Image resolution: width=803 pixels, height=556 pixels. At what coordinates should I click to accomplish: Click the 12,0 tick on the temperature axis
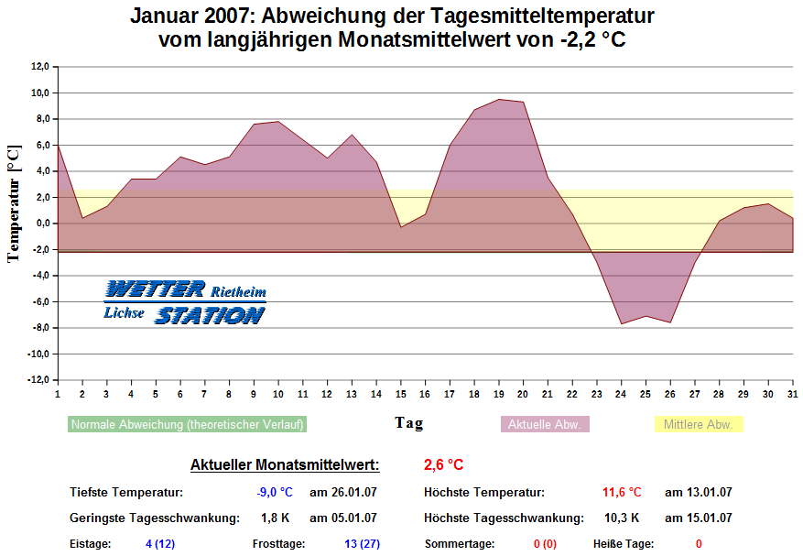click(x=38, y=67)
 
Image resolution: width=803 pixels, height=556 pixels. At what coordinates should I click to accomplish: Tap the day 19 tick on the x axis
click(x=499, y=394)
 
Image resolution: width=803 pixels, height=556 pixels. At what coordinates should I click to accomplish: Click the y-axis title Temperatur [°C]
click(x=13, y=202)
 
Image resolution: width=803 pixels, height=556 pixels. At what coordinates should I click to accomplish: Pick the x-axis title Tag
click(x=409, y=422)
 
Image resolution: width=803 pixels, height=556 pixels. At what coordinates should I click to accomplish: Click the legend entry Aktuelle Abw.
click(x=545, y=425)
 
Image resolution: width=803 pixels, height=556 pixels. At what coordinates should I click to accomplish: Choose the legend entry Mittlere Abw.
click(x=698, y=425)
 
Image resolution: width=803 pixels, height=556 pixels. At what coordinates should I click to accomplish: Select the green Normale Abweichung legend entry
click(x=187, y=425)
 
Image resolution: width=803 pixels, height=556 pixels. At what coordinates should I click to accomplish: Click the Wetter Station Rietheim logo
click(x=185, y=302)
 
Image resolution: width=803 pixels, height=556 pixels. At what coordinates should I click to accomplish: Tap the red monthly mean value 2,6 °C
click(x=443, y=465)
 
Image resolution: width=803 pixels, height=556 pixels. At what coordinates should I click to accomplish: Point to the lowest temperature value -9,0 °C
click(x=275, y=493)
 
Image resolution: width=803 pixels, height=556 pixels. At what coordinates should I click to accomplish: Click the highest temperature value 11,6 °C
click(x=622, y=493)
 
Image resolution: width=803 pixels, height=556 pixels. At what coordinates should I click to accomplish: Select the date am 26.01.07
click(x=343, y=493)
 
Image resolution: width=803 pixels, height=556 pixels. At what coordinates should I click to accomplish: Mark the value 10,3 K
click(x=623, y=518)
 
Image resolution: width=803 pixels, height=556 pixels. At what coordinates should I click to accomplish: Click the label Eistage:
click(x=91, y=544)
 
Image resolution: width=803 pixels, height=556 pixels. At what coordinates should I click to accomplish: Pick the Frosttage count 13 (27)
click(x=362, y=544)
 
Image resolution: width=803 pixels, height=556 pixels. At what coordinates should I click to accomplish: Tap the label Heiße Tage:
click(x=624, y=544)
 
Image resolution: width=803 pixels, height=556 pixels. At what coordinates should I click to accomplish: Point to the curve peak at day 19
click(x=499, y=99)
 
